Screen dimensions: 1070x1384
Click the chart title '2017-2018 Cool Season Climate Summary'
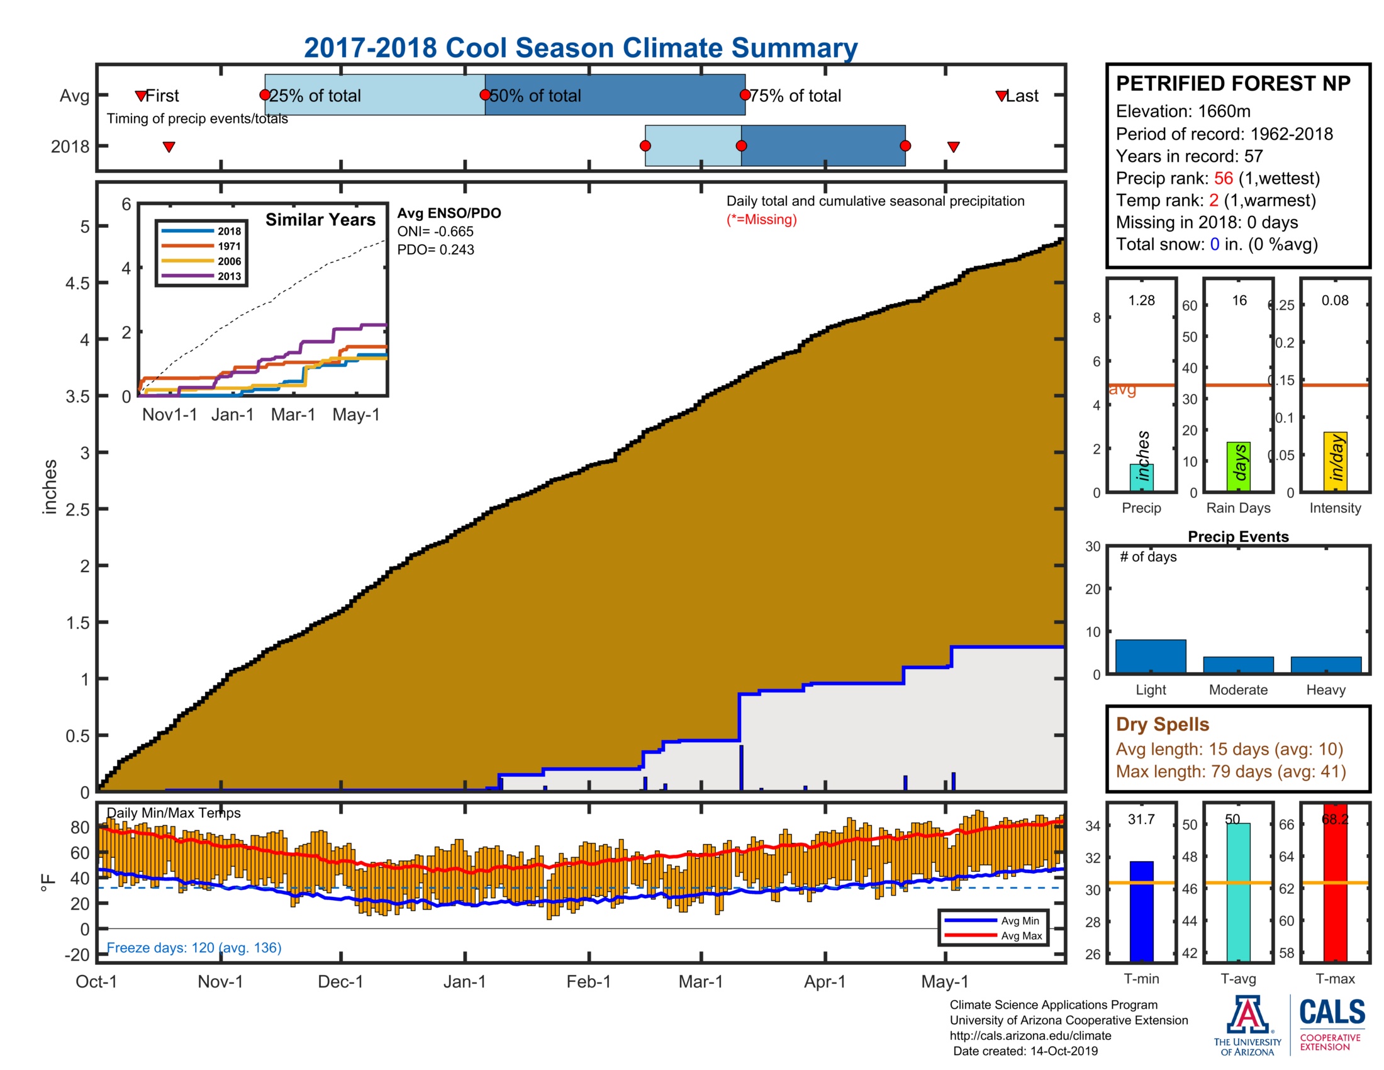580,48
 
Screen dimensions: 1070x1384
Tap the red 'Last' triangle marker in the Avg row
1001,96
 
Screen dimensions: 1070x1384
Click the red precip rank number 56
1223,178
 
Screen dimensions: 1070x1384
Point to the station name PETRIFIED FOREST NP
1232,84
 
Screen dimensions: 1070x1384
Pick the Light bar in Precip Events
1150,655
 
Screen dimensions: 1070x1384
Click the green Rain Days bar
1238,466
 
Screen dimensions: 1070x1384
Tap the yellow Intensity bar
1335,461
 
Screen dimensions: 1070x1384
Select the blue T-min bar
1141,910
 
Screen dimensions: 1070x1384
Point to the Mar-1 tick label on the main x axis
700,981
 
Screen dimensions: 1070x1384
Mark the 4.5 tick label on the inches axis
78,283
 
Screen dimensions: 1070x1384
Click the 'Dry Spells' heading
1162,724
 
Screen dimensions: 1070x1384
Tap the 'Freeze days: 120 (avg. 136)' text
194,947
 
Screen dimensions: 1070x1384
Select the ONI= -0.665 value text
435,232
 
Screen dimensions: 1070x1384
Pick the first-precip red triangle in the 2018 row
169,147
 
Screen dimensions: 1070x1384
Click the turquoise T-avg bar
1238,891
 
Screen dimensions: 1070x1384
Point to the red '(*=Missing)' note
761,219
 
